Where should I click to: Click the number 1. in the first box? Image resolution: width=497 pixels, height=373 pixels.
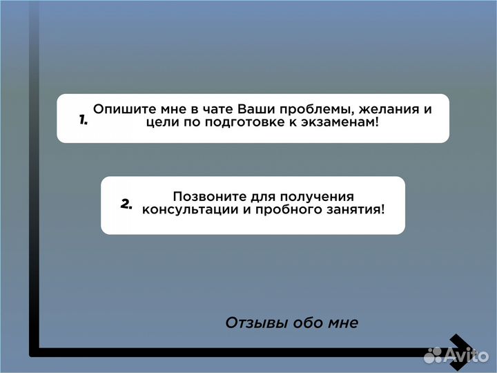click(x=83, y=119)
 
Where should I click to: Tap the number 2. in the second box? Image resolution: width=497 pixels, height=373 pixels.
click(x=126, y=204)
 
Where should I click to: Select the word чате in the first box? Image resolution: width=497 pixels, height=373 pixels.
click(x=215, y=109)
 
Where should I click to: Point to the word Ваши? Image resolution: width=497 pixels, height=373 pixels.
click(x=255, y=109)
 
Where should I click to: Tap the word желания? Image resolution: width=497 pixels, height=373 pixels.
click(x=387, y=109)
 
